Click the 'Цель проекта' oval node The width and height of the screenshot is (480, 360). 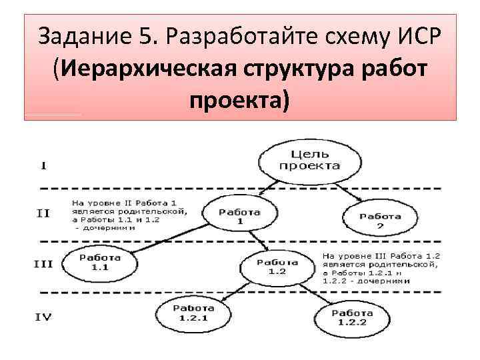309,160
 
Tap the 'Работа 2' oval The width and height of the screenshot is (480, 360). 381,220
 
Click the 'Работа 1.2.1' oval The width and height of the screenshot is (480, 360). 194,313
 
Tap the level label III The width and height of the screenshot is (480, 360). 43,264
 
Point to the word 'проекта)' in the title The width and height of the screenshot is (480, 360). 240,101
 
